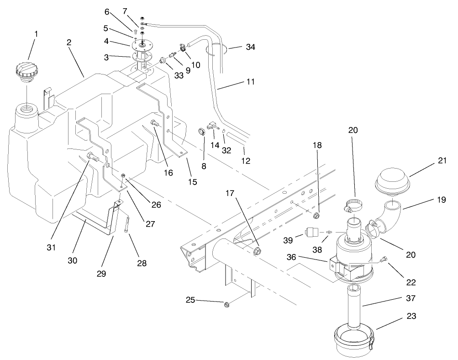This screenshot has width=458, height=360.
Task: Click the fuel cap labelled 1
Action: tap(26, 74)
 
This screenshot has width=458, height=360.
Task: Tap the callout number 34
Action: tap(250, 47)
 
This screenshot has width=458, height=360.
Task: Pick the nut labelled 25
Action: tap(227, 304)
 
